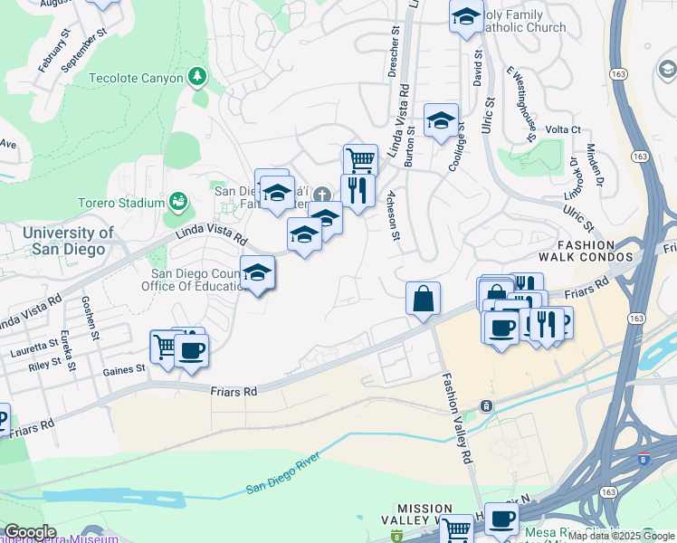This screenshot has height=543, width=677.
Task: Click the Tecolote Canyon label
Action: coord(136,78)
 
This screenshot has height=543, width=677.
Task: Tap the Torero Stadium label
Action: coord(120,203)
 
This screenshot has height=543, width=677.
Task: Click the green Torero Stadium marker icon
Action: coord(178,201)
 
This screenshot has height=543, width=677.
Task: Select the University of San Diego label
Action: coord(56,241)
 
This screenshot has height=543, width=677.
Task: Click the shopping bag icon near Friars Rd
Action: coord(423,298)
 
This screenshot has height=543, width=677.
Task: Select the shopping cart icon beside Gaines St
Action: coord(164,346)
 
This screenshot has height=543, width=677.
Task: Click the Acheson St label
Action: coord(394,217)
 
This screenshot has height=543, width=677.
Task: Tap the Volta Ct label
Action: coord(562,129)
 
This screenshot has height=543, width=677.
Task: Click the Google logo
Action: coord(29,532)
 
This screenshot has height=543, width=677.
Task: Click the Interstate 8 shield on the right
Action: coord(644,459)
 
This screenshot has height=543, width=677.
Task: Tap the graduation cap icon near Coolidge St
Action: coord(441,120)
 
